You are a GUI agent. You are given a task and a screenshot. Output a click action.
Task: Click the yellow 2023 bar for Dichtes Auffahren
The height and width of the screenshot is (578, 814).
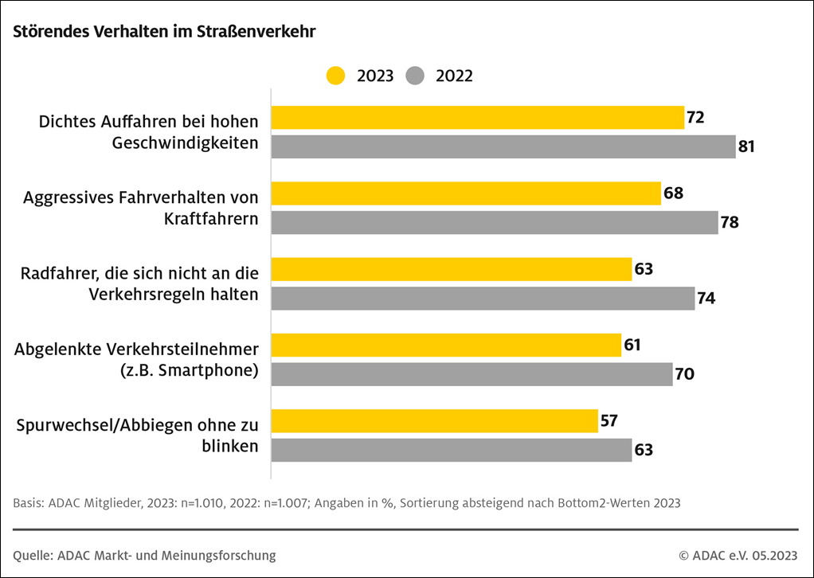(x=478, y=118)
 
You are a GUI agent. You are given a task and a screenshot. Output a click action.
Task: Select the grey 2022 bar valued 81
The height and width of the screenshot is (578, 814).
(x=503, y=146)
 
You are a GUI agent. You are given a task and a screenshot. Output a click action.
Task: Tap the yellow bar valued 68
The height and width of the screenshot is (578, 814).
(x=466, y=193)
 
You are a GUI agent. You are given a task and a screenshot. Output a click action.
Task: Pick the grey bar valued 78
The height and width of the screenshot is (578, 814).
(x=495, y=222)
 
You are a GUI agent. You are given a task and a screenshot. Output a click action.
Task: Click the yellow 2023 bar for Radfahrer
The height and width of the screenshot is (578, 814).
(x=452, y=269)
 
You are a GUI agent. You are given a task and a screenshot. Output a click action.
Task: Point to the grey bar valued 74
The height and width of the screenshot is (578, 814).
(x=483, y=298)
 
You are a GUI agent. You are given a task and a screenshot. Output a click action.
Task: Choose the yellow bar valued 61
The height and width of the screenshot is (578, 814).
(x=446, y=346)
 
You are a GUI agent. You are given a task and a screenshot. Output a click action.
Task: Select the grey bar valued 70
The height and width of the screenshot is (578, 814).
(x=472, y=374)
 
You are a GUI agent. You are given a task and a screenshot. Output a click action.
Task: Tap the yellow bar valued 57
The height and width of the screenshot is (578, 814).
(x=435, y=421)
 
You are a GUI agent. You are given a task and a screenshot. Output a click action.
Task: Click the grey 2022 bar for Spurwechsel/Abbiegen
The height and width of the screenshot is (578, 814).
(x=452, y=450)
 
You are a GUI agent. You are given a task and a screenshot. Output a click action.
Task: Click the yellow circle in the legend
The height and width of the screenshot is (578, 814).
(x=336, y=76)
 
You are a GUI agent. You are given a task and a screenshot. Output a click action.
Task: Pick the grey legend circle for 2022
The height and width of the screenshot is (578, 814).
(x=415, y=76)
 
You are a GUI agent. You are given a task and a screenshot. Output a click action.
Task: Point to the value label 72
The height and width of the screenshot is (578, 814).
(x=695, y=118)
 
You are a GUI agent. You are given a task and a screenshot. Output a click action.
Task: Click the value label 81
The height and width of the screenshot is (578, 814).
(x=746, y=146)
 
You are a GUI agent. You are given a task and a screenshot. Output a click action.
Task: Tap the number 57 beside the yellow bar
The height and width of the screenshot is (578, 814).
(x=609, y=421)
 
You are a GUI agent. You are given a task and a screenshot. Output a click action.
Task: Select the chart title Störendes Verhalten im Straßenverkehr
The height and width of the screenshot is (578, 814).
(x=165, y=33)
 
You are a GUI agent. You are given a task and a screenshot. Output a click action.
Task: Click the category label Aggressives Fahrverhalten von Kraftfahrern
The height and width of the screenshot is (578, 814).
(x=141, y=208)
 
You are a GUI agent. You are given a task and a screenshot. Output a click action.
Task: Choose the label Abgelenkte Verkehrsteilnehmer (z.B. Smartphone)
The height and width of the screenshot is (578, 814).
(x=137, y=360)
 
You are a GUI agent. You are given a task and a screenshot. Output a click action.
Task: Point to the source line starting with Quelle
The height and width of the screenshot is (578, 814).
(x=145, y=555)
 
